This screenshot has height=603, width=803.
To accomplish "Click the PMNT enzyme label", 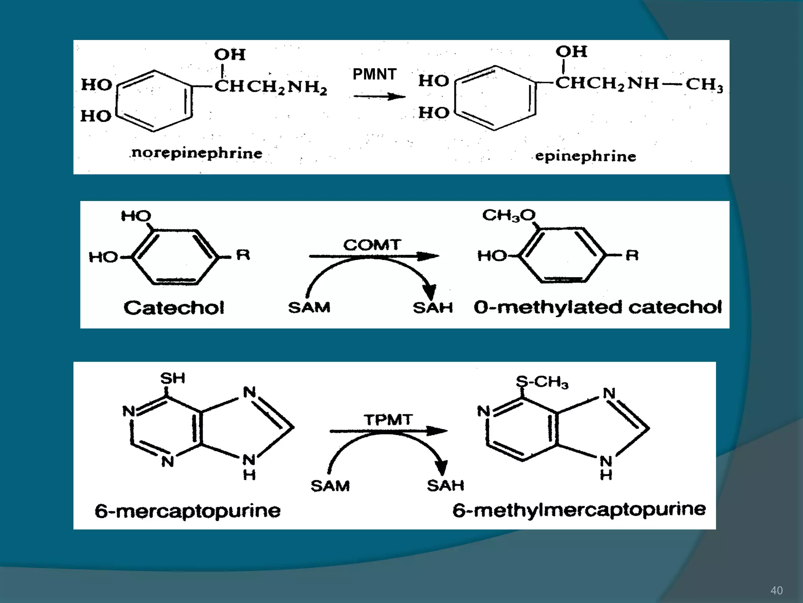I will point(374,74).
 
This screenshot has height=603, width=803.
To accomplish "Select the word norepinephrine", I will point(197,153).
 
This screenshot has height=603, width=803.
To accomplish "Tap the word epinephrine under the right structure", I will point(585,156).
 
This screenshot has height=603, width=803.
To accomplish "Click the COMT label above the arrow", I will point(372,245).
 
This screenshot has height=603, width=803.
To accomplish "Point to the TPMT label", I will point(388,420).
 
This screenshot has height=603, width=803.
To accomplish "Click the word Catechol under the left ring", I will point(174,307).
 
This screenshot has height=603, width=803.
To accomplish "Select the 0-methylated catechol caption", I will point(598,307).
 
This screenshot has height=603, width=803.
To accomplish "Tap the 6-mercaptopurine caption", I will point(188,511).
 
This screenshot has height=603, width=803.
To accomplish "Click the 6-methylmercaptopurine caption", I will point(579,510).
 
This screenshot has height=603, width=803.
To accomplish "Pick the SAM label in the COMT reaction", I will point(309,307).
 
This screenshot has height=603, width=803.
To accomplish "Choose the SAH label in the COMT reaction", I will point(433,307).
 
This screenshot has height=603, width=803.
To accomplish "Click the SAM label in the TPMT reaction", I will point(330,486).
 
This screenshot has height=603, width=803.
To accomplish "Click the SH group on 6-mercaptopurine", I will point(173,378).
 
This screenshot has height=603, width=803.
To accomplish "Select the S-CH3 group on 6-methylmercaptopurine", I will point(542,382).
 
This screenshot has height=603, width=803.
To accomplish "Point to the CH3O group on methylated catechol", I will point(509,215).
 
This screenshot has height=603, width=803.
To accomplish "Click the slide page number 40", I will point(776,590).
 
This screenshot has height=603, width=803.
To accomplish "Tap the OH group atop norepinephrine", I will point(230,55).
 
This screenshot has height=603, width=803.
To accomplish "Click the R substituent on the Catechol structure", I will point(243,255).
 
